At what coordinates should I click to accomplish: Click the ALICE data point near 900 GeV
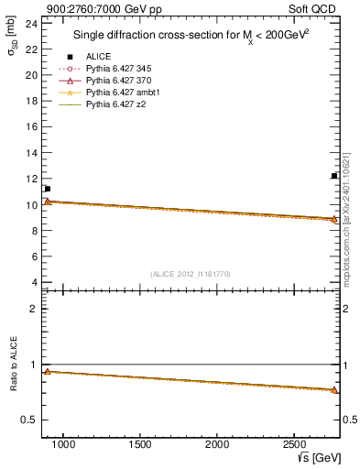[47, 189]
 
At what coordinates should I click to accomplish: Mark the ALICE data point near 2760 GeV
[334, 176]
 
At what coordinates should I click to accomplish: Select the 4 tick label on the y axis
[34, 283]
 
